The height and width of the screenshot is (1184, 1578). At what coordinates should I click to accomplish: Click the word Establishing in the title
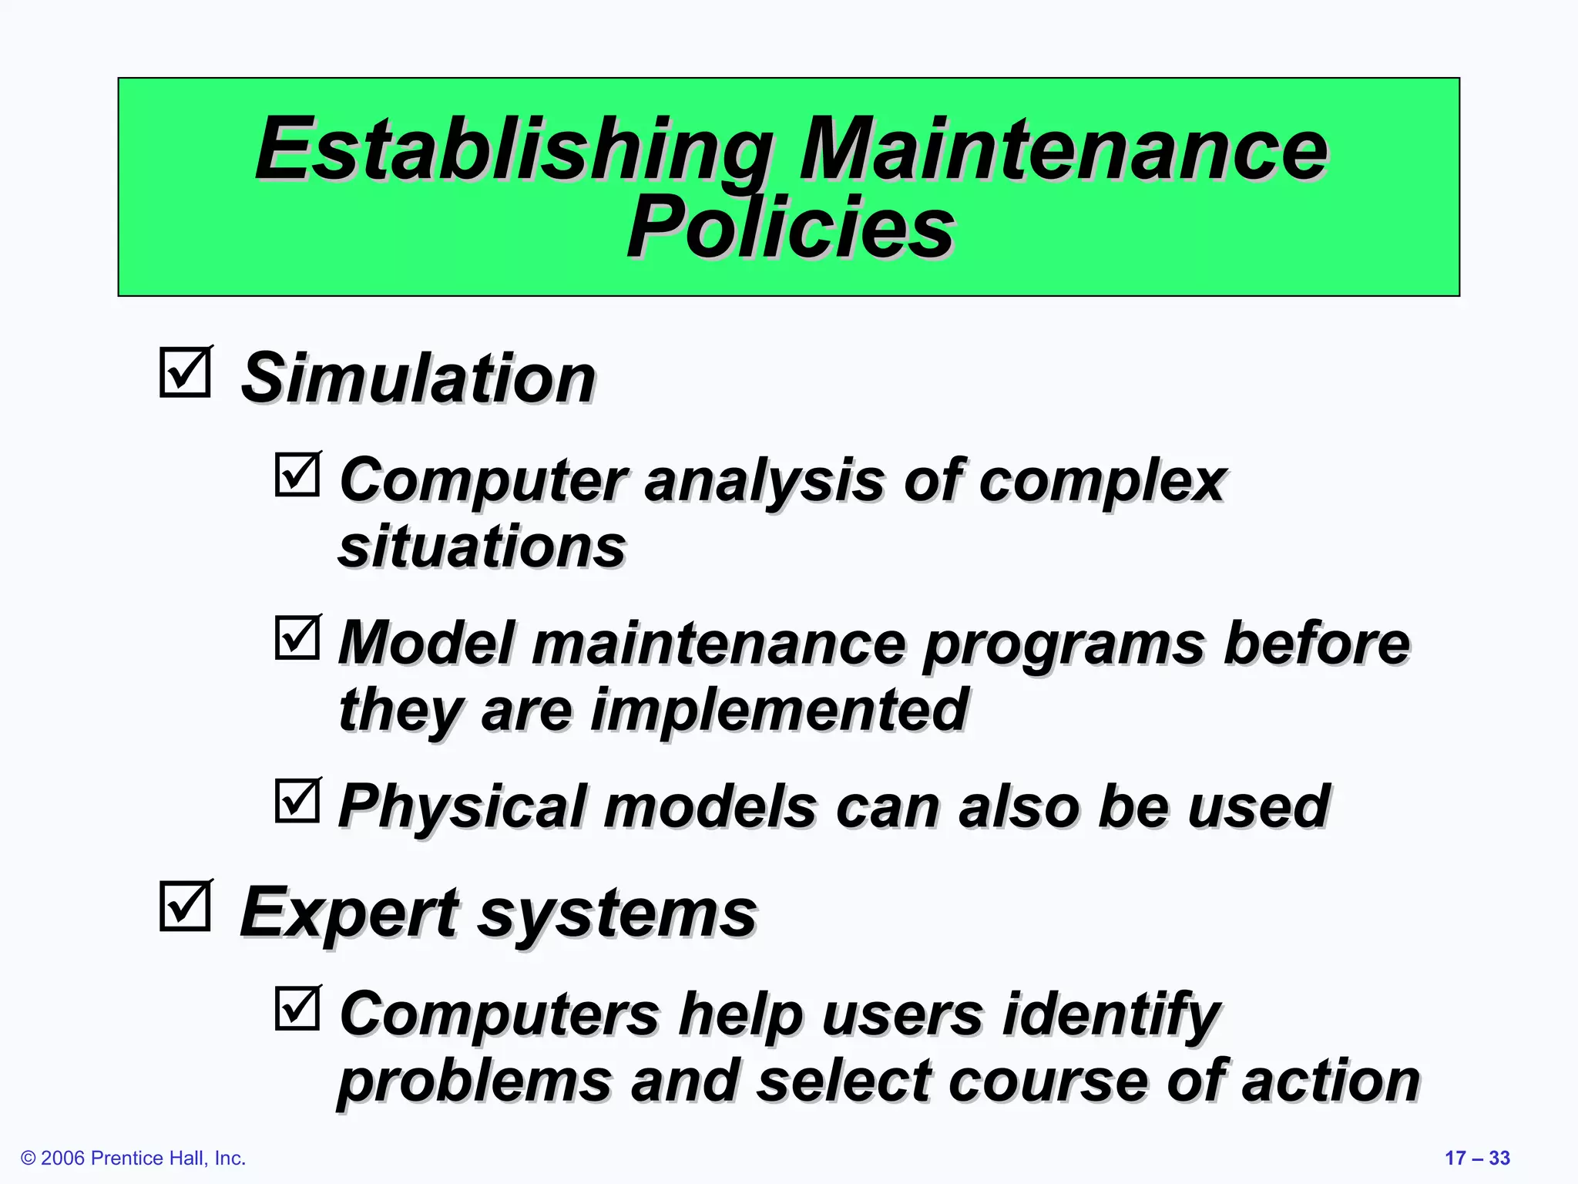tap(514, 150)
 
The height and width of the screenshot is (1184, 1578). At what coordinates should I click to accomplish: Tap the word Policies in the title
tap(791, 227)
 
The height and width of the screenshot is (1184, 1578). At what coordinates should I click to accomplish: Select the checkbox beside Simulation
tap(185, 373)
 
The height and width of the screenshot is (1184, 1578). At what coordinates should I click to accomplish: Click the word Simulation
tap(418, 378)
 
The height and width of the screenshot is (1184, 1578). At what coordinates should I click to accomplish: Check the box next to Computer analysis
tap(297, 474)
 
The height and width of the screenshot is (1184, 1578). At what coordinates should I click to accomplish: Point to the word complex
tap(1103, 482)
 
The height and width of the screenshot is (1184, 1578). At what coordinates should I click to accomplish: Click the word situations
tap(482, 547)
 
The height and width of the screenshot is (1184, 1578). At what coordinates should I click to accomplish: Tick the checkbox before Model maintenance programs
tap(297, 637)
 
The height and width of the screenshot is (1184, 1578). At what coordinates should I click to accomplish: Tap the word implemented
tap(779, 710)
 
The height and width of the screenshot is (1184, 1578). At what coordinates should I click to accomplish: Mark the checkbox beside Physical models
tap(297, 801)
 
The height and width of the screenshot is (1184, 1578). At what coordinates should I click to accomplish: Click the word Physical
tap(462, 807)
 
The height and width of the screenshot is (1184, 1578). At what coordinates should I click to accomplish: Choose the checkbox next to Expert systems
tap(185, 906)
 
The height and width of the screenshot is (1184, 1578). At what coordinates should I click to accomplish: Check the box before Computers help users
tap(297, 1008)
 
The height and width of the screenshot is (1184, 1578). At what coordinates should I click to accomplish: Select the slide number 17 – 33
tap(1477, 1158)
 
